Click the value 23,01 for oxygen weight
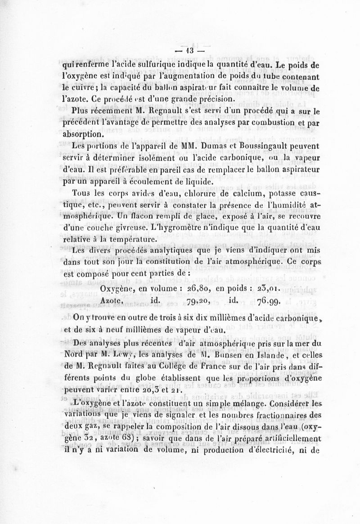tap(268, 288)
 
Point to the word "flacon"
tap(133, 217)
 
